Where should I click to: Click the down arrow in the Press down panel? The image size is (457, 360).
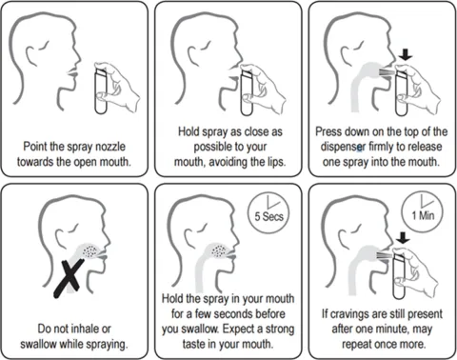point(406,54)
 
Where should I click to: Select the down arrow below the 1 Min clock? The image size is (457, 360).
point(403,237)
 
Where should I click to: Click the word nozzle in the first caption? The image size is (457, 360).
point(110,147)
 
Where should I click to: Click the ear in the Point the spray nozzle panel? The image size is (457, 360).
point(32,57)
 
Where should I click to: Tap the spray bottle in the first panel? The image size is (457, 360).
point(101,90)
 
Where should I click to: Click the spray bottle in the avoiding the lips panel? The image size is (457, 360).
point(248,92)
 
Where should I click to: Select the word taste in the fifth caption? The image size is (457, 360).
point(193,344)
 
